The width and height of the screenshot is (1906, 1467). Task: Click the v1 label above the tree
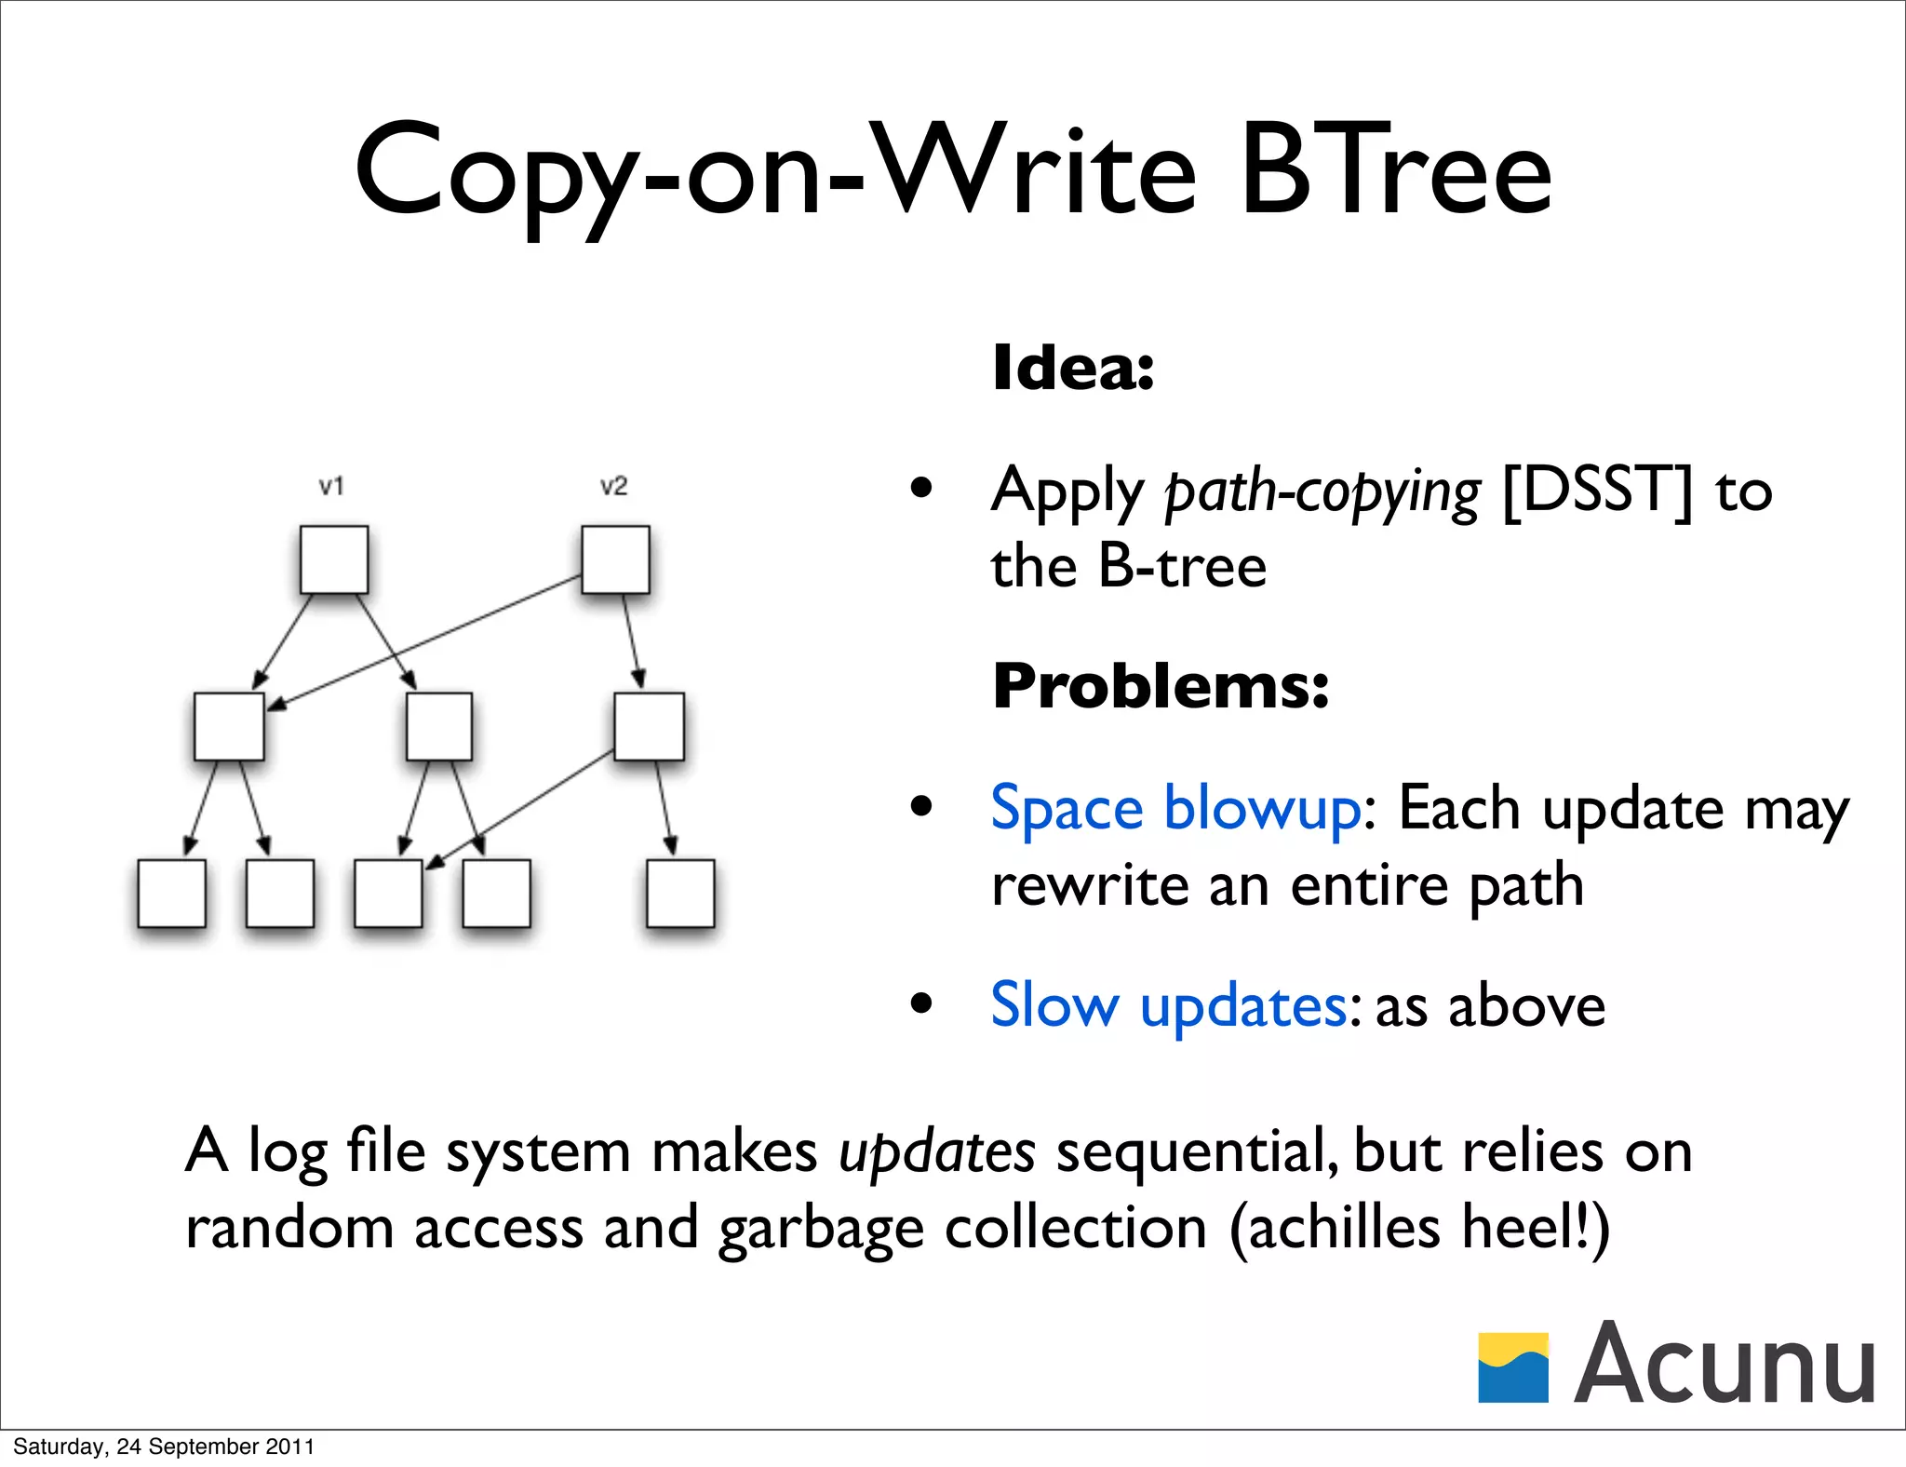pos(331,486)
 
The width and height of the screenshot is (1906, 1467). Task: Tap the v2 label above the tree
pos(613,486)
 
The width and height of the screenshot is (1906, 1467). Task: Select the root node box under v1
pos(334,559)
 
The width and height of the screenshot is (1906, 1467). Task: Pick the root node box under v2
pos(615,559)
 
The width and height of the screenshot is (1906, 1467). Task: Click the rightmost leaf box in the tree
pos(680,894)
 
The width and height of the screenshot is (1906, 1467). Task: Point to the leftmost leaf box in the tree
pos(171,894)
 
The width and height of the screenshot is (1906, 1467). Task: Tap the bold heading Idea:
pos(1073,368)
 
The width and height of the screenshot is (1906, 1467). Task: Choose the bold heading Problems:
pos(1161,686)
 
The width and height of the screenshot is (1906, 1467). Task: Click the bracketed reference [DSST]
pos(1597,491)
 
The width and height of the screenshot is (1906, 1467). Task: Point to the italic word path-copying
pos(1322,492)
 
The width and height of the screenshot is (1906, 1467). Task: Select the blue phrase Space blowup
pos(1175,808)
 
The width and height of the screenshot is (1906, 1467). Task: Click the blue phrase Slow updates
pos(1168,1005)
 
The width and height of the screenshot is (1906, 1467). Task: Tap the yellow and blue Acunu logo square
pos(1512,1367)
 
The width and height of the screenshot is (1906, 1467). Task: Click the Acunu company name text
pos(1724,1364)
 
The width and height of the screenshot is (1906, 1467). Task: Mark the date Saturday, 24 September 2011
pos(164,1447)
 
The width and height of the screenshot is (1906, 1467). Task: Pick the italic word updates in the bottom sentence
pos(936,1152)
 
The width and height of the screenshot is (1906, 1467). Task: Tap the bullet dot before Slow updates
pos(921,1003)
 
